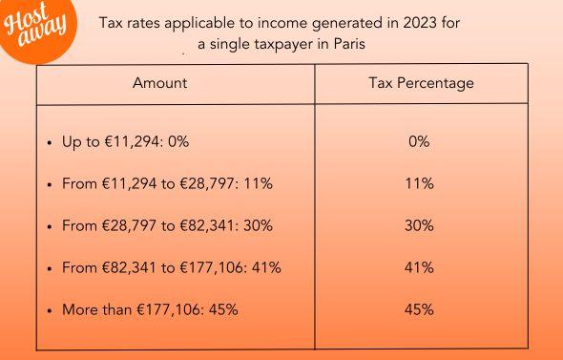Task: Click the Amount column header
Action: coord(160,83)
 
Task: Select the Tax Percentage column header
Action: coord(420,83)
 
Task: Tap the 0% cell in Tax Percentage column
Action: coord(419,141)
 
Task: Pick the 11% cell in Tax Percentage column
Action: coord(419,183)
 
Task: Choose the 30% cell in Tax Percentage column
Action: coord(419,225)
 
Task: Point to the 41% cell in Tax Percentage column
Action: coord(419,267)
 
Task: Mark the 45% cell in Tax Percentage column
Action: coord(419,309)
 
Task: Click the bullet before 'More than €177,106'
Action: coord(50,310)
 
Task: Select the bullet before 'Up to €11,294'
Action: coord(50,142)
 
